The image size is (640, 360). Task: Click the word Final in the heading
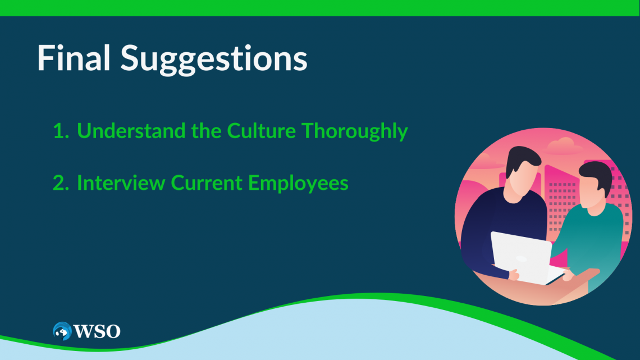coord(74,57)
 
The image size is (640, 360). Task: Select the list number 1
coord(61,131)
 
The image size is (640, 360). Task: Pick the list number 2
coord(61,183)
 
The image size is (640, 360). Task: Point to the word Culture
coord(261,131)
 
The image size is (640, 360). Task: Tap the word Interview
coord(121,183)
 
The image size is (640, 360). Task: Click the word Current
coord(207,183)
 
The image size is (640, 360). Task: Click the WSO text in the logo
coord(97,331)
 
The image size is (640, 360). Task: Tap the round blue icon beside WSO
coord(62,331)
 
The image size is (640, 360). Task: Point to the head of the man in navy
coord(520,174)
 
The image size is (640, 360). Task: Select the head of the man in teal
coord(595,187)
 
